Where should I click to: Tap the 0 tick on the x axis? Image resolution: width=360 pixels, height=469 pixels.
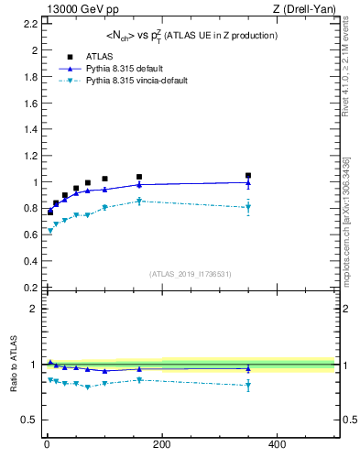click(x=46, y=445)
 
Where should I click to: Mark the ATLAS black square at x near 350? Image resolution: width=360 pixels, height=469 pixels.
click(x=247, y=175)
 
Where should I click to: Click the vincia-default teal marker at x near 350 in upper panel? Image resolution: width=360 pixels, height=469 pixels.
click(x=247, y=207)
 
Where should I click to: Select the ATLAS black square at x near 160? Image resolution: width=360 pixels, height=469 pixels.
click(x=139, y=177)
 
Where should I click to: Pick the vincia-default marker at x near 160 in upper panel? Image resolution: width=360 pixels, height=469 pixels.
click(x=139, y=201)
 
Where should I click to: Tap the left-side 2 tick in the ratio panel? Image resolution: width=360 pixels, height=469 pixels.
click(x=33, y=309)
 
